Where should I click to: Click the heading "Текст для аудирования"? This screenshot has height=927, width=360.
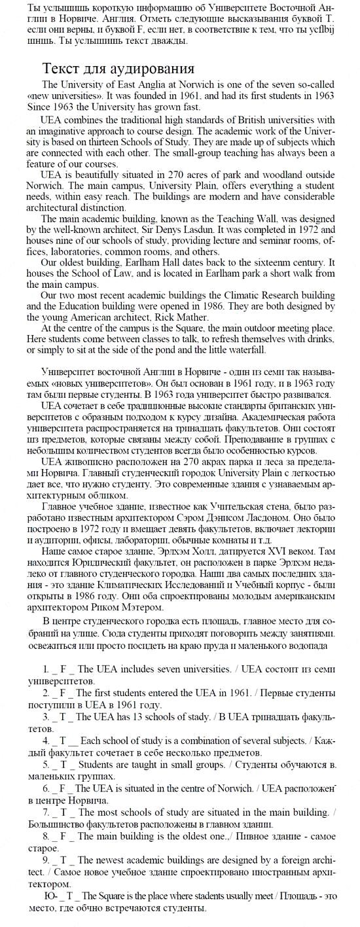click(118, 69)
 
